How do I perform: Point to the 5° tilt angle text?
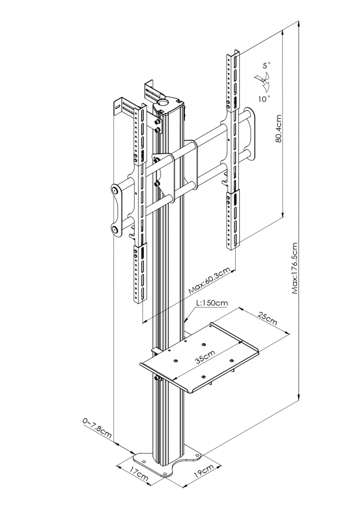(267, 66)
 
